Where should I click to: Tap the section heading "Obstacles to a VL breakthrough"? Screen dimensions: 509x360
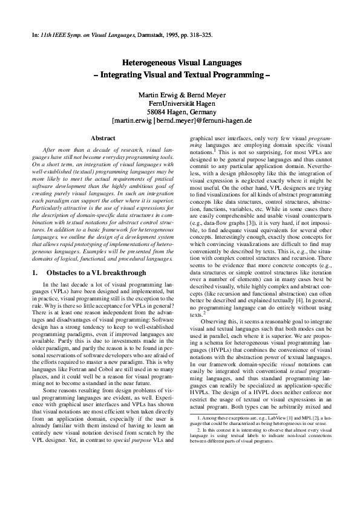pyautogui.click(x=99, y=273)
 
